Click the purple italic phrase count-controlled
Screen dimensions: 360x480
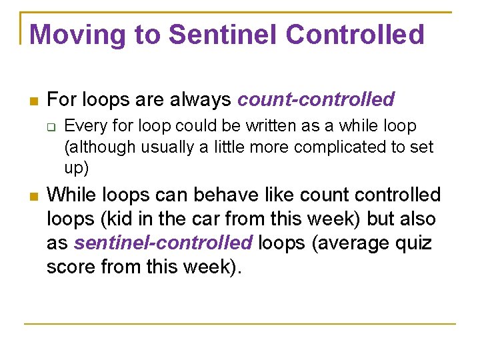(316, 100)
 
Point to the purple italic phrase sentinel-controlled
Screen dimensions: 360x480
(163, 243)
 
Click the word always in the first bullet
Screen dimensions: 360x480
(198, 100)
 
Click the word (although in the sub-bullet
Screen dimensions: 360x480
(97, 147)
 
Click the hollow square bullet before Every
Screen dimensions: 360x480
(52, 127)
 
